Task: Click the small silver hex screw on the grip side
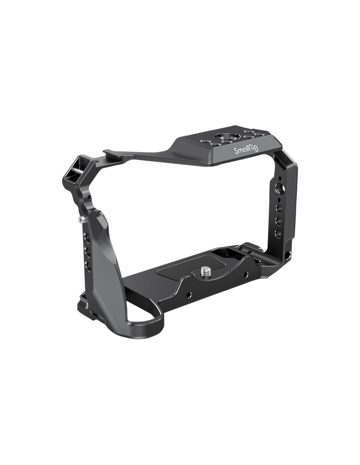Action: tap(81, 219)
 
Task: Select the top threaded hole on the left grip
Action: tap(88, 237)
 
